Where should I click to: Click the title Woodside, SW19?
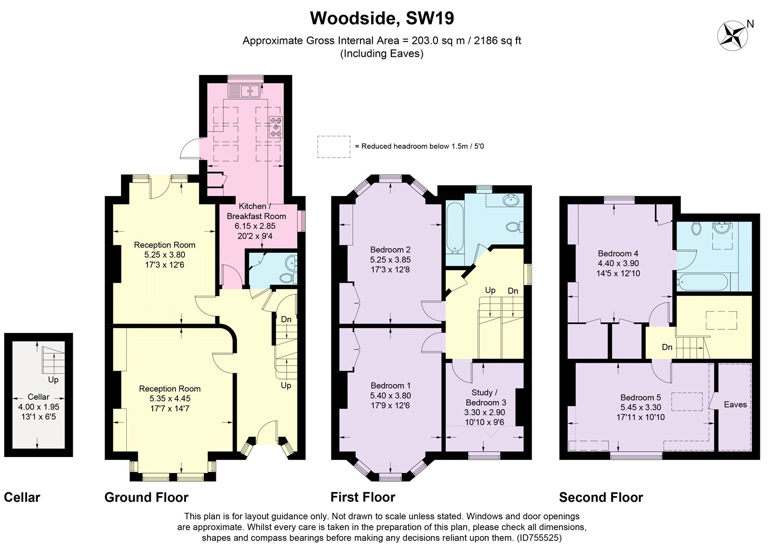pyautogui.click(x=382, y=19)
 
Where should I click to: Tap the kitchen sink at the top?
pyautogui.click(x=244, y=90)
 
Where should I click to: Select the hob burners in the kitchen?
pyautogui.click(x=276, y=127)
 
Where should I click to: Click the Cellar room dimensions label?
pyautogui.click(x=38, y=407)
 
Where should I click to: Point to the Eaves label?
pyautogui.click(x=735, y=405)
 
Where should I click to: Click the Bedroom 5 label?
pyautogui.click(x=640, y=397)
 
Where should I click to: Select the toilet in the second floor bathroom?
pyautogui.click(x=696, y=228)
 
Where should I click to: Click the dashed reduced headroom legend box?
pyautogui.click(x=333, y=146)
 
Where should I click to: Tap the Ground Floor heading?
pyautogui.click(x=146, y=498)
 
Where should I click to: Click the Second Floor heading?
pyautogui.click(x=601, y=498)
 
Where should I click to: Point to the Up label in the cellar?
pyautogui.click(x=53, y=380)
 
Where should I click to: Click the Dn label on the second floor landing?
pyautogui.click(x=667, y=347)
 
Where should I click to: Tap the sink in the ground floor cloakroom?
pyautogui.click(x=291, y=262)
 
